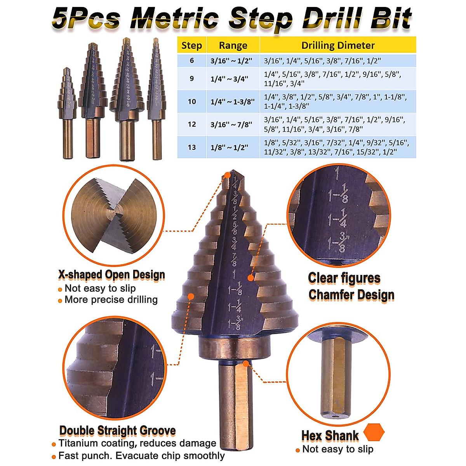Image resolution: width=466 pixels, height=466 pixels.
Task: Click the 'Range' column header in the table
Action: (x=233, y=45)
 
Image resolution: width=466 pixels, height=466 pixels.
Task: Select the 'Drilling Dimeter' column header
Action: (x=338, y=45)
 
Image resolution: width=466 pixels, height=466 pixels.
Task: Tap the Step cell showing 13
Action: (x=192, y=147)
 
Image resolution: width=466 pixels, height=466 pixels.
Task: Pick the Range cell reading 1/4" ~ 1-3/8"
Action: (x=233, y=102)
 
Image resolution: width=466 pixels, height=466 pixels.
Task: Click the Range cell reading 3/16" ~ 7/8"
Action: (x=231, y=125)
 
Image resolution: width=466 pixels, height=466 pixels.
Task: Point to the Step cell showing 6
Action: (x=192, y=61)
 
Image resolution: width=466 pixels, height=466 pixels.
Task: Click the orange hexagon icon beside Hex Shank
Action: (x=374, y=432)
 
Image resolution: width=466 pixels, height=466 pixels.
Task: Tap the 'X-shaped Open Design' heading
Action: (x=111, y=275)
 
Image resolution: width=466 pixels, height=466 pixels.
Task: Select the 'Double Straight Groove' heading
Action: (x=117, y=431)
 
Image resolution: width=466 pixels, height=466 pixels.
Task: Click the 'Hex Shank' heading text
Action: (x=330, y=436)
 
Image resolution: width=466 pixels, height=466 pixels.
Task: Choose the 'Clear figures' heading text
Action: (x=344, y=278)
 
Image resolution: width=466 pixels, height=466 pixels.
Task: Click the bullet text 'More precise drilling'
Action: (x=111, y=300)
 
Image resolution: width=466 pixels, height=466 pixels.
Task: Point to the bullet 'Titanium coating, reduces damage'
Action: (x=137, y=443)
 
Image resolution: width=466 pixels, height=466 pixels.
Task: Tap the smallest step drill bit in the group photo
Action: (x=68, y=113)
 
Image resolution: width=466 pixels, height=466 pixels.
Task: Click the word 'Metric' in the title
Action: (x=175, y=19)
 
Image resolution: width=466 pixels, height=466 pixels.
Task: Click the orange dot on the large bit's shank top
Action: (x=245, y=363)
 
